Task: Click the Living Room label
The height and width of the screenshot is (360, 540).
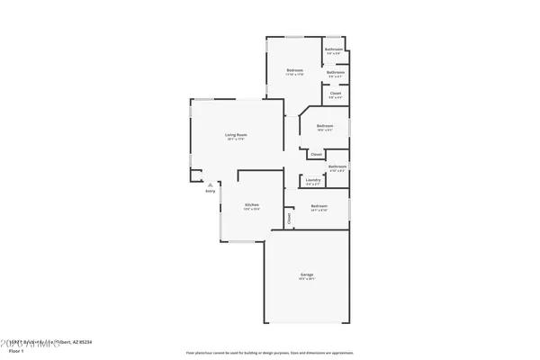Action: click(x=236, y=135)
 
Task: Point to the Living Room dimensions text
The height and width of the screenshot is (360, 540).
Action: click(x=236, y=139)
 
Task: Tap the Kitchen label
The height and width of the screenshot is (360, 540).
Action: click(x=252, y=204)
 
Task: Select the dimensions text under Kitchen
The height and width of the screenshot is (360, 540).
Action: click(x=252, y=209)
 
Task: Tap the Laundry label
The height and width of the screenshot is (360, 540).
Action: click(x=313, y=180)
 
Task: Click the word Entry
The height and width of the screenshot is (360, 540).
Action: click(x=211, y=191)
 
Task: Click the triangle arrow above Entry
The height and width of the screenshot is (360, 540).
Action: click(x=211, y=184)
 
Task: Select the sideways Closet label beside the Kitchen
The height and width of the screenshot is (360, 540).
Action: click(x=289, y=217)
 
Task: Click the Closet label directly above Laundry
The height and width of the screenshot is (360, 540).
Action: click(x=316, y=155)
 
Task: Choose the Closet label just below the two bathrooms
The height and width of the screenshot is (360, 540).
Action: click(x=335, y=93)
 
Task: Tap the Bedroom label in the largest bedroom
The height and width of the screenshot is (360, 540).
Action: click(x=294, y=70)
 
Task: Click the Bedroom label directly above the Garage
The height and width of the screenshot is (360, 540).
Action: click(x=319, y=206)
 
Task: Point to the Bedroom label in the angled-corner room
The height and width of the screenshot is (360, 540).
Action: click(x=325, y=125)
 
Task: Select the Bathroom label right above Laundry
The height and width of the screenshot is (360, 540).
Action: click(x=337, y=166)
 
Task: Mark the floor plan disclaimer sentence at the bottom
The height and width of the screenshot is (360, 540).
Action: click(x=270, y=353)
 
